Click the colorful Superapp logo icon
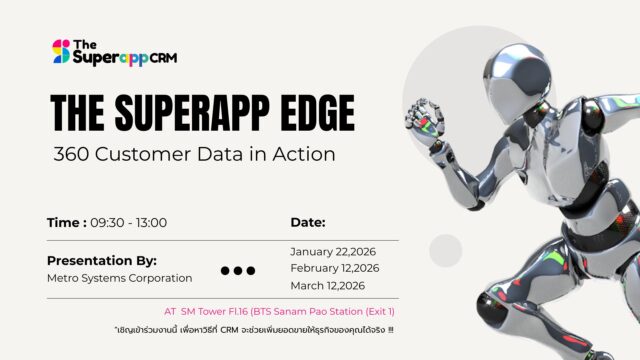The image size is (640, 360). pos(61,51)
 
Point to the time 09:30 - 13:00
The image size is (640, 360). pos(129,222)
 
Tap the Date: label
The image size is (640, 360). pos(308,222)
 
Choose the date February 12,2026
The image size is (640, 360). pos(335,268)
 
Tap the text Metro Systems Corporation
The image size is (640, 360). pos(119,277)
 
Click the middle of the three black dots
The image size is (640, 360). pos(238,270)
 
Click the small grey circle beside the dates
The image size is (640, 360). pos(445,249)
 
